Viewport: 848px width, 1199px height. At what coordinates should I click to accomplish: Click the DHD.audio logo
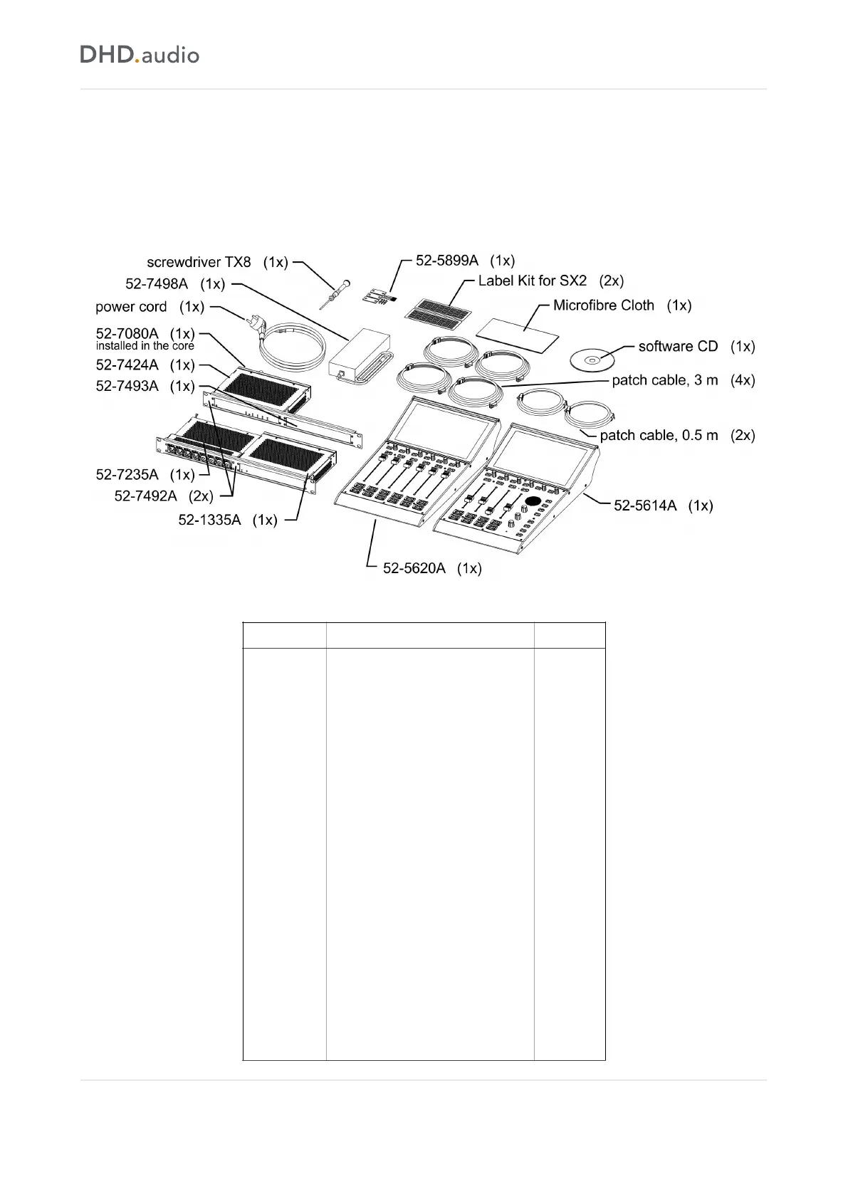140,55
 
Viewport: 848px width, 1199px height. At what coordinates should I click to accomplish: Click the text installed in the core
145,346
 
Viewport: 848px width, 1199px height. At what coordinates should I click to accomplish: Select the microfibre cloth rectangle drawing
517,332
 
